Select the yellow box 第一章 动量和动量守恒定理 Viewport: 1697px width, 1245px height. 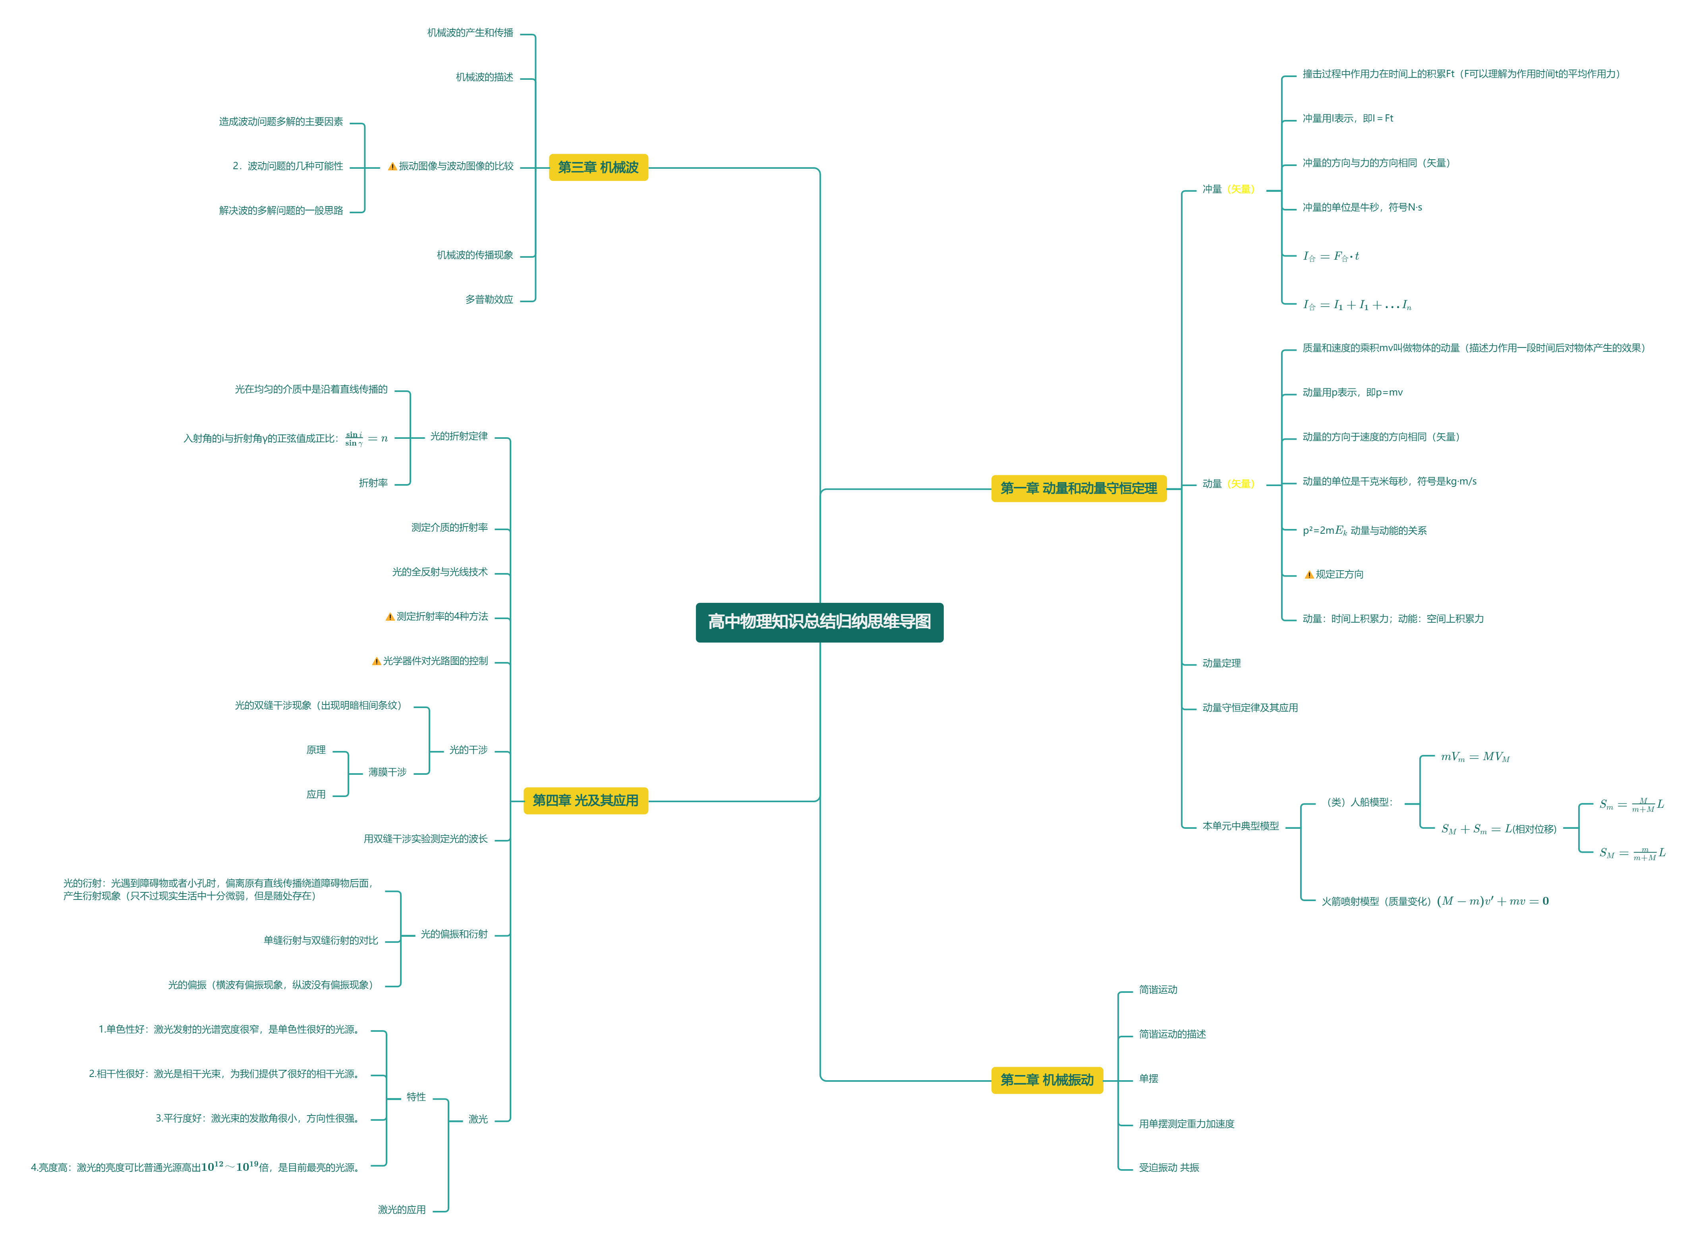(x=1078, y=488)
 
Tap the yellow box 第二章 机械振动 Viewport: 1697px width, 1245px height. (x=1046, y=1080)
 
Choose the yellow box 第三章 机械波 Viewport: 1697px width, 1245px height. (x=598, y=167)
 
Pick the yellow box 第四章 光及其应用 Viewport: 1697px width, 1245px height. (x=585, y=800)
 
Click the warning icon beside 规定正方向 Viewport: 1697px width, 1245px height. (x=1309, y=574)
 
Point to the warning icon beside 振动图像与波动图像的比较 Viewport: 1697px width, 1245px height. (x=392, y=166)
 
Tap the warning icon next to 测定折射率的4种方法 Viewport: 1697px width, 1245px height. (x=390, y=616)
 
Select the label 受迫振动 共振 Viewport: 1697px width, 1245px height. (x=1169, y=1168)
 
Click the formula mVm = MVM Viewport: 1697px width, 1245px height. (x=1475, y=757)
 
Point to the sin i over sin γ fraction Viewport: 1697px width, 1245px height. (x=354, y=438)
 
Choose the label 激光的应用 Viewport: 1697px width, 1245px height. (x=402, y=1210)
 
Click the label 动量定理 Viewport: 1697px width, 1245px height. (x=1221, y=663)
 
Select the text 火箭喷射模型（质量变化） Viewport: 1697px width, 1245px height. (x=1376, y=901)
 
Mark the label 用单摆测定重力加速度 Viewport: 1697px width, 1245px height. (x=1187, y=1123)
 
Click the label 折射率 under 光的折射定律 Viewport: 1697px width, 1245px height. (x=373, y=483)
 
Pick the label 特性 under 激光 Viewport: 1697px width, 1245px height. (x=416, y=1097)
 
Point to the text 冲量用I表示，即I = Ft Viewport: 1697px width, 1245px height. (x=1348, y=118)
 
